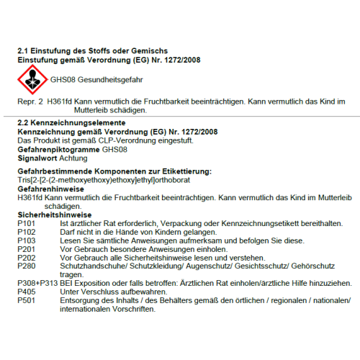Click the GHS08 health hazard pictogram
tap(32, 78)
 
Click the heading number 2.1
tap(24, 51)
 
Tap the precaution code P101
tap(26, 224)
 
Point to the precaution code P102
tap(26, 233)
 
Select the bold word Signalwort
tap(37, 157)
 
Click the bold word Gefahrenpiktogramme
tap(58, 149)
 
